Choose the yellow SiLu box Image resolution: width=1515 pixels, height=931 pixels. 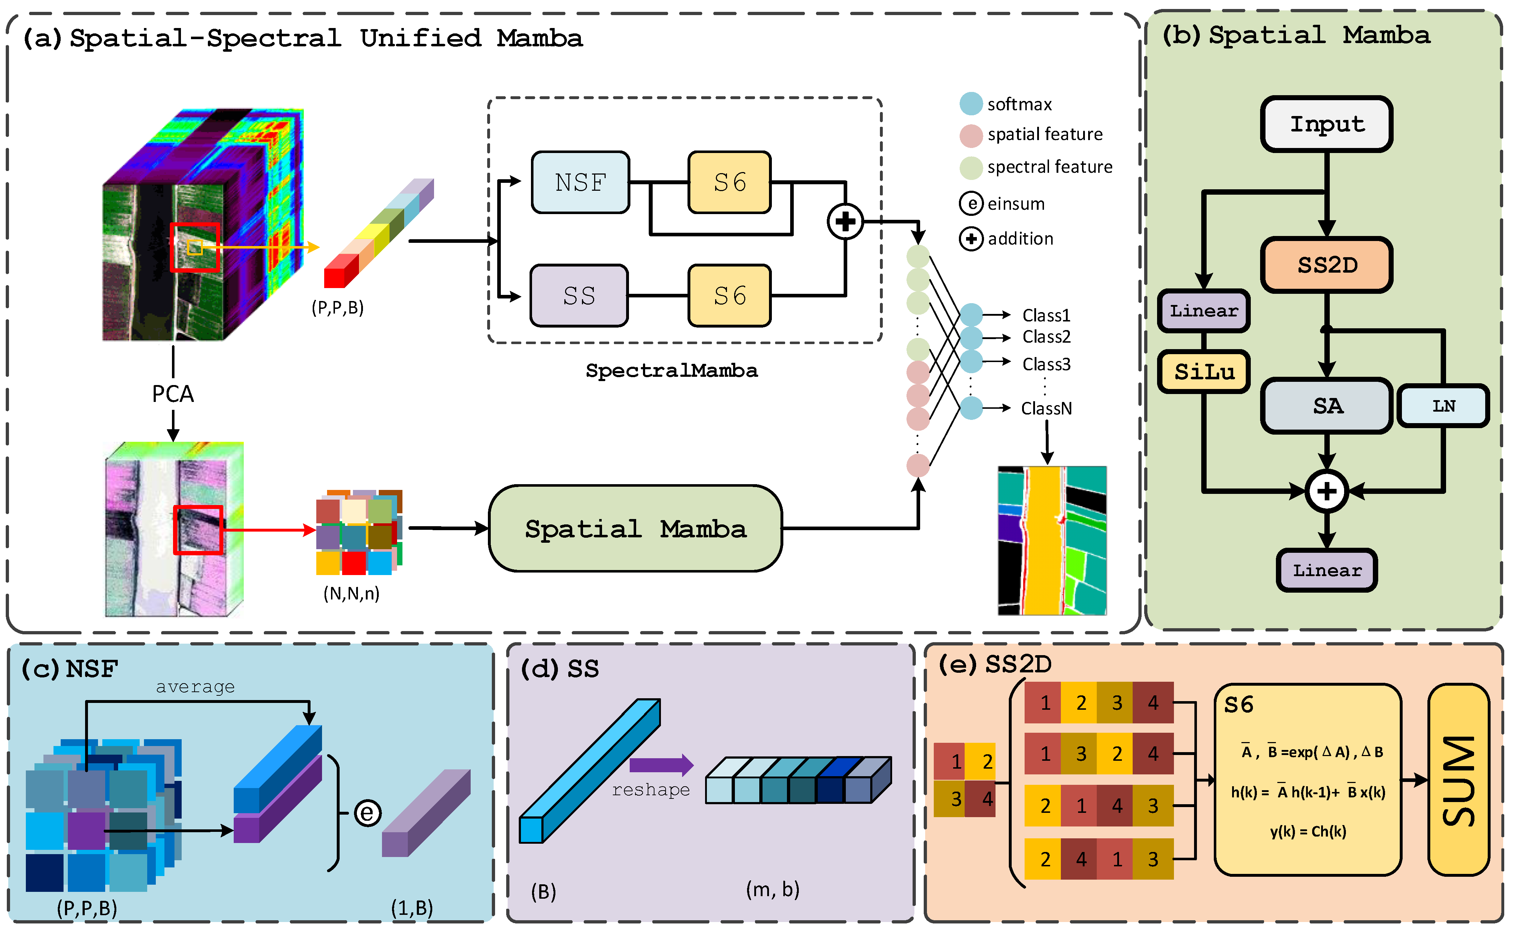(x=1204, y=372)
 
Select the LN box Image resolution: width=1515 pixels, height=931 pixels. (x=1443, y=406)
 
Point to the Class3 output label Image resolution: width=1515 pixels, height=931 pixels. (x=1046, y=365)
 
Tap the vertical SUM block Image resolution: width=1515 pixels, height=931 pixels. (x=1458, y=780)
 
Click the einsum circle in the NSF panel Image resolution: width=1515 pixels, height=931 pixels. (x=367, y=813)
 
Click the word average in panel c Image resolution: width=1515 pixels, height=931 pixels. (x=195, y=686)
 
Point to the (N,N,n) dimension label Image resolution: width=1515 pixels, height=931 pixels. (x=351, y=594)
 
